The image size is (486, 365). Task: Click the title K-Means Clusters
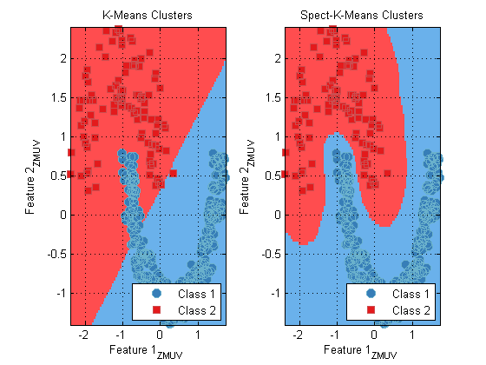click(148, 16)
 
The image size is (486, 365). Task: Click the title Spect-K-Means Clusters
click(361, 16)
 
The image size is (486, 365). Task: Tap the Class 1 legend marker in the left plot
click(156, 294)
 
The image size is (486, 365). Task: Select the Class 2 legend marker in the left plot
click(156, 309)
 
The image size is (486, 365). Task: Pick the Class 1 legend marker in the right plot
click(371, 294)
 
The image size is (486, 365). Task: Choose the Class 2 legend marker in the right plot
click(371, 309)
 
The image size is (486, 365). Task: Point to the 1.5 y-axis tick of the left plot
click(59, 97)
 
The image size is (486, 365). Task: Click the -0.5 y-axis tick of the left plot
click(57, 254)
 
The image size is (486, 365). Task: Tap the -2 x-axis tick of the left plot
click(83, 335)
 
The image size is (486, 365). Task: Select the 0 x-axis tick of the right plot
click(374, 335)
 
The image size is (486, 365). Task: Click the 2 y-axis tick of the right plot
click(278, 59)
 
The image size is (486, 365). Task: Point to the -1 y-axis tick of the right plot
click(276, 294)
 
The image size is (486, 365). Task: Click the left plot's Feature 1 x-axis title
click(146, 351)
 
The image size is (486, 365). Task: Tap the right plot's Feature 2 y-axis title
click(246, 177)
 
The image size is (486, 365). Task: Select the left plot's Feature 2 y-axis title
click(32, 177)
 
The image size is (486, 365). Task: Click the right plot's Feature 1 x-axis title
click(360, 351)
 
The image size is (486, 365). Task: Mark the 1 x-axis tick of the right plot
click(412, 335)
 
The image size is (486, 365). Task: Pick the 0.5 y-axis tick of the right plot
click(273, 176)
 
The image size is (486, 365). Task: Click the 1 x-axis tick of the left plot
click(198, 335)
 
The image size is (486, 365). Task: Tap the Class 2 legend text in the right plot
click(411, 310)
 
